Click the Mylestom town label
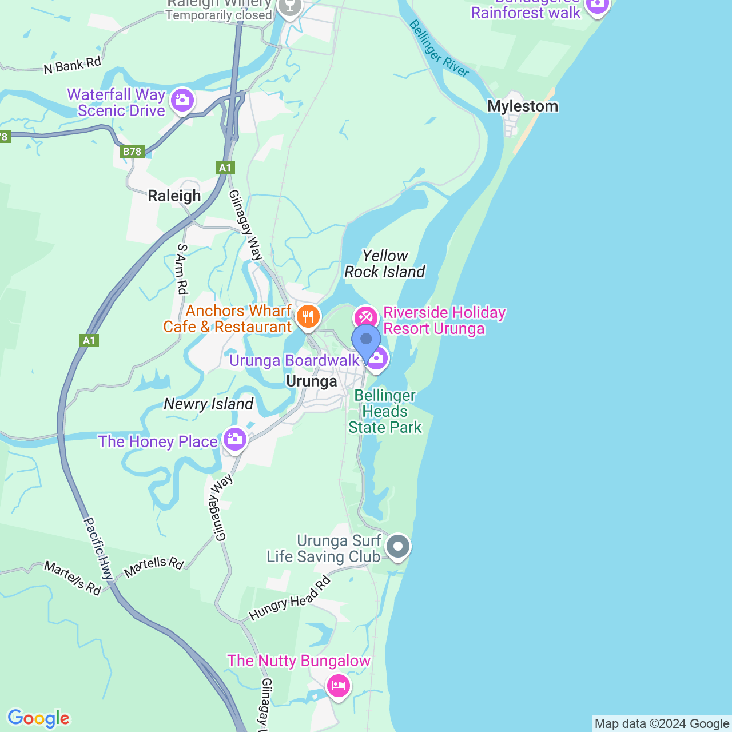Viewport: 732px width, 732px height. pos(523,106)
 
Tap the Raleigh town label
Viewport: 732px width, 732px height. pos(174,196)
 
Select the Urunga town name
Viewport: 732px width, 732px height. pos(311,381)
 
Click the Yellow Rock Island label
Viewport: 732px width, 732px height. pos(385,264)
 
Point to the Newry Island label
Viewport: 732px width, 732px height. pos(208,404)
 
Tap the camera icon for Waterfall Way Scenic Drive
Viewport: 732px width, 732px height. pos(182,100)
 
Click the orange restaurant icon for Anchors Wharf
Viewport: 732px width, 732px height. pos(308,316)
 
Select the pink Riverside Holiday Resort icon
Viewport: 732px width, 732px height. pos(365,317)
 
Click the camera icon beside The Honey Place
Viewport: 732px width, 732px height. pos(234,439)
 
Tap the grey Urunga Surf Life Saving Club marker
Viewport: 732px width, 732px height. pos(398,546)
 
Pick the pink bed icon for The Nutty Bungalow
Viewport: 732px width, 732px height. pos(338,685)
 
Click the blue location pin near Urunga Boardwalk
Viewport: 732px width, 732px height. pos(366,340)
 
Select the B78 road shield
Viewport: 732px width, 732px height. pos(132,152)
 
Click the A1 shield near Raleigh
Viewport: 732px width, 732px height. pos(225,168)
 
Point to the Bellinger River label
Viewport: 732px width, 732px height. pos(439,49)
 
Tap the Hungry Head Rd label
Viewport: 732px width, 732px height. pos(291,599)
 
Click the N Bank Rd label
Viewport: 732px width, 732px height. pos(72,65)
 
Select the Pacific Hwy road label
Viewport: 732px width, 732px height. pos(98,547)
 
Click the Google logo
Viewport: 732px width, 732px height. pos(39,718)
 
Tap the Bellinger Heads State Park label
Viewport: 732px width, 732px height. pos(385,412)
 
